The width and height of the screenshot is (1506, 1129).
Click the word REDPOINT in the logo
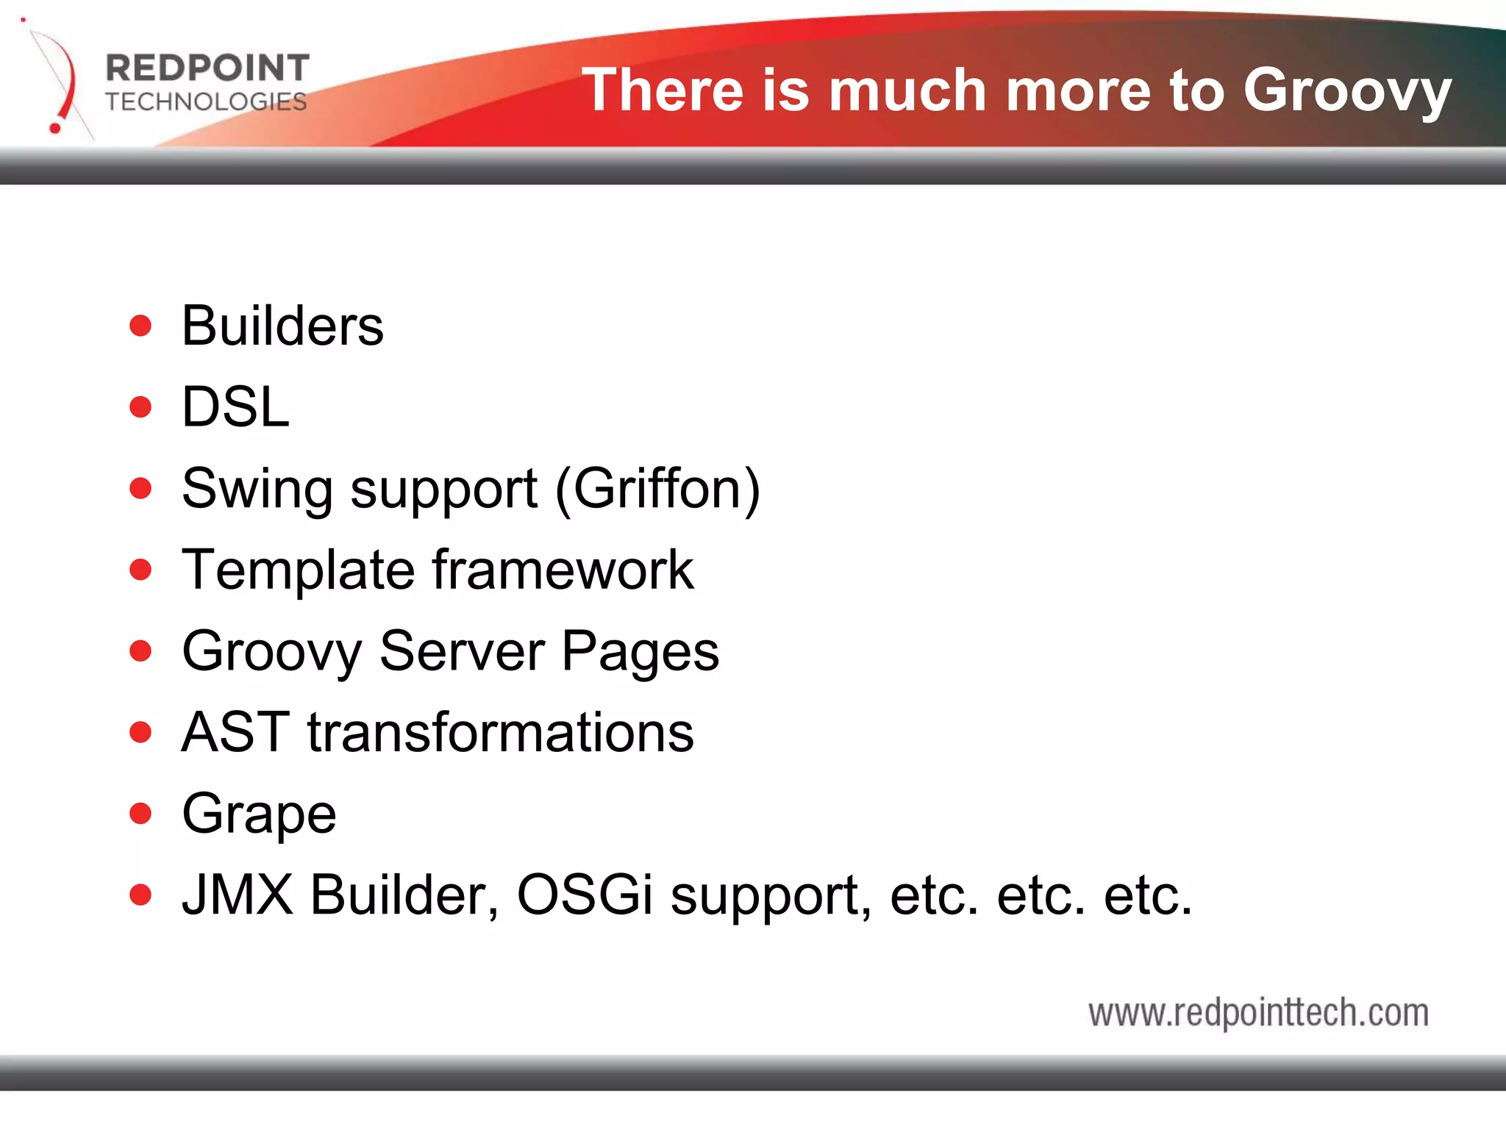pyautogui.click(x=207, y=68)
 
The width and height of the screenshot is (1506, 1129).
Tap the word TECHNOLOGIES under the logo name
pyautogui.click(x=206, y=101)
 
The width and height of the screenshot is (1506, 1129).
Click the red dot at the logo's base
pyautogui.click(x=55, y=129)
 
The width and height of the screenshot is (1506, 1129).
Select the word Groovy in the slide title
pyautogui.click(x=1346, y=90)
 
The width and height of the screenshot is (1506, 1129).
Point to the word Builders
pyautogui.click(x=282, y=326)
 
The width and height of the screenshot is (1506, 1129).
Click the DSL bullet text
pyautogui.click(x=235, y=407)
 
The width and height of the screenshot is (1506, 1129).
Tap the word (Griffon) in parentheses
pyautogui.click(x=657, y=489)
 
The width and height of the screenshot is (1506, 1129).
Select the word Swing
pyautogui.click(x=257, y=490)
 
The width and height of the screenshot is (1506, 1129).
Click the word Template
pyautogui.click(x=299, y=570)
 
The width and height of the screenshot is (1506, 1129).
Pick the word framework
pyautogui.click(x=563, y=570)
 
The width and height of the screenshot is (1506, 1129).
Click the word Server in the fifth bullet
pyautogui.click(x=462, y=651)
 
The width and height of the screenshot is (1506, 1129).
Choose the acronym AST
pyautogui.click(x=235, y=733)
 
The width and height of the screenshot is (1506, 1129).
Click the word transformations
pyautogui.click(x=500, y=733)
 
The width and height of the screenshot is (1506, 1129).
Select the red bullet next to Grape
pyautogui.click(x=140, y=814)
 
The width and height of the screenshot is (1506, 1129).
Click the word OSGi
pyautogui.click(x=585, y=895)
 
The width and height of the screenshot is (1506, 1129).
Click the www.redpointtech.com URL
pyautogui.click(x=1258, y=1013)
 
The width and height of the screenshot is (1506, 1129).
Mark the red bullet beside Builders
pyautogui.click(x=140, y=326)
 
